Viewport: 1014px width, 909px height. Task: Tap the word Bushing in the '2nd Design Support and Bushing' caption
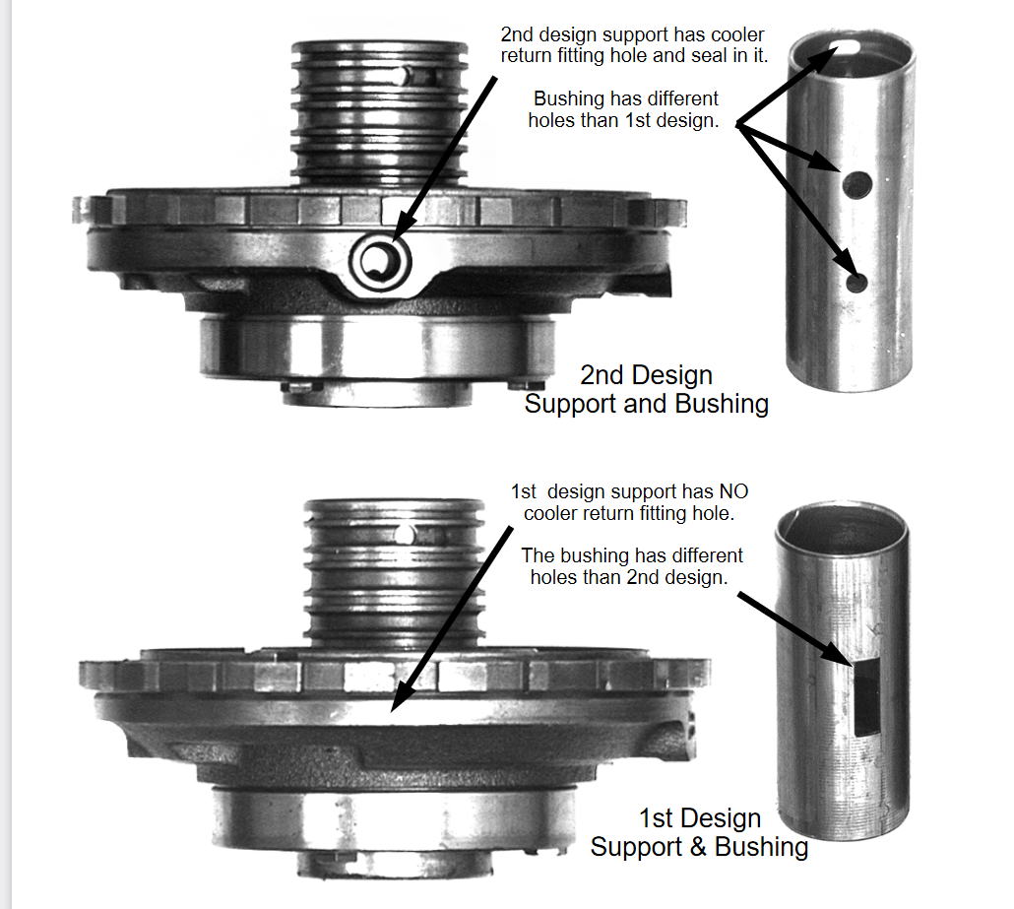pyautogui.click(x=722, y=404)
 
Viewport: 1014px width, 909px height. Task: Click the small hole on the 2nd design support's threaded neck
pyautogui.click(x=407, y=75)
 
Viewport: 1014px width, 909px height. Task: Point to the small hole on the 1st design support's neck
pyautogui.click(x=404, y=535)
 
